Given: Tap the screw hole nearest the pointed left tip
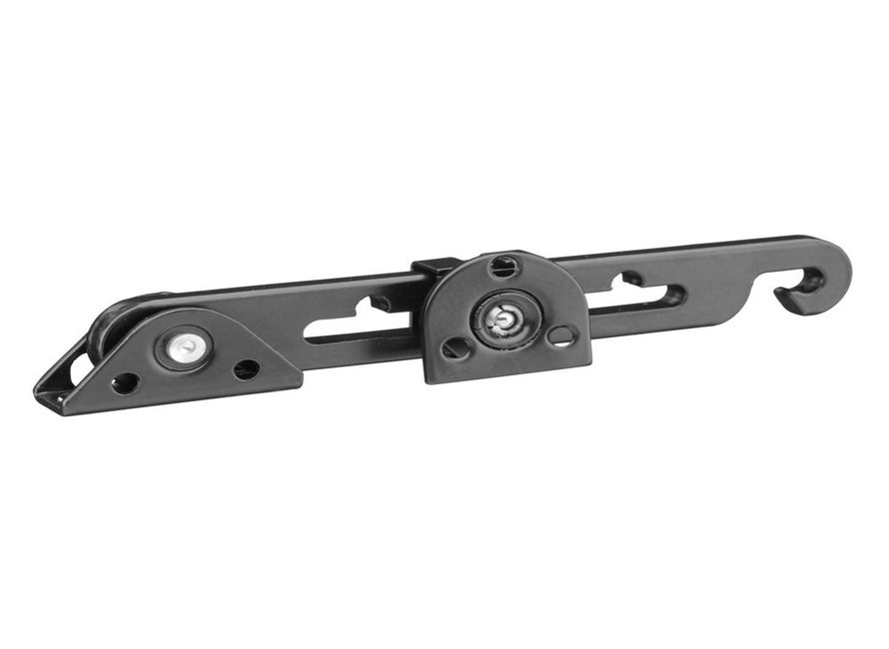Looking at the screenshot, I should [x=126, y=382].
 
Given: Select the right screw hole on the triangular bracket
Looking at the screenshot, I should [x=246, y=369].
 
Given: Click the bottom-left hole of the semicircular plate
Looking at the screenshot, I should [x=456, y=349].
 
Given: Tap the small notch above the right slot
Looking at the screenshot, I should [x=632, y=278].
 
